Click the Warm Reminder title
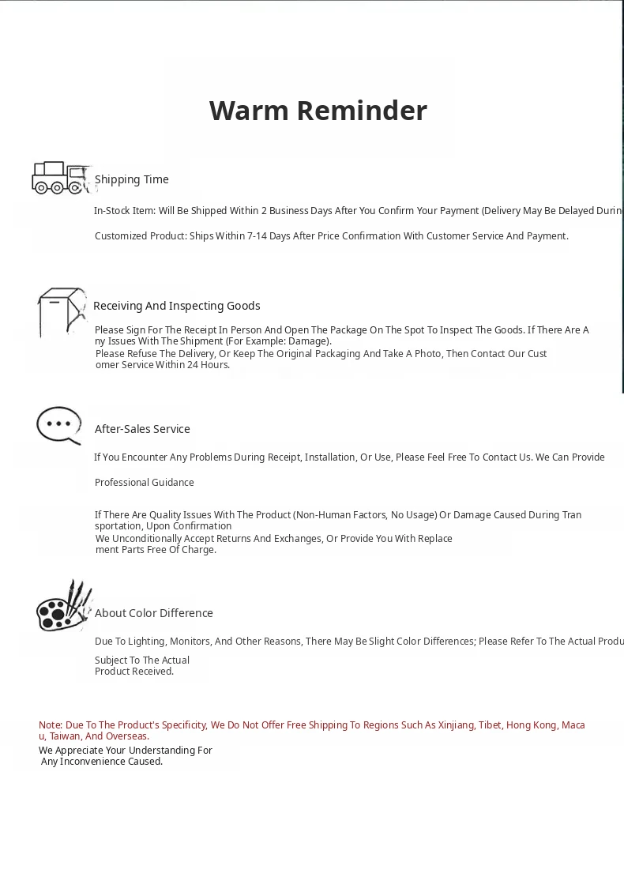coord(318,111)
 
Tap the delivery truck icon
coord(60,178)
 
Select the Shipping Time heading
coord(132,179)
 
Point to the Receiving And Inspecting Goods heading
coord(176,306)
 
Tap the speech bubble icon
coord(59,426)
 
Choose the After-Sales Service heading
coord(142,429)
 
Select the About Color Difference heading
coord(154,613)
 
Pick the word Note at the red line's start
coord(51,725)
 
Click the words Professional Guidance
coord(144,483)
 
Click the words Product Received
coord(133,672)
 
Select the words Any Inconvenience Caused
coord(103,762)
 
